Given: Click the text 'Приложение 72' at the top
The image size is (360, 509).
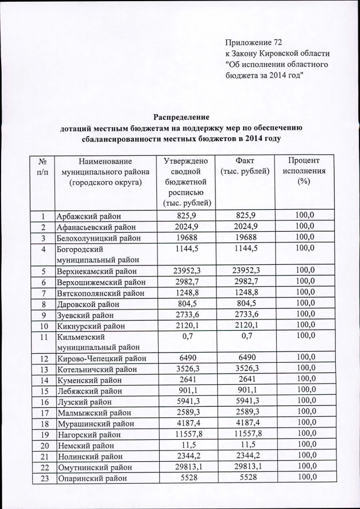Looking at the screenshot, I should (x=253, y=43).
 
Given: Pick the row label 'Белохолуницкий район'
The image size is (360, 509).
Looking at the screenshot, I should (x=99, y=238).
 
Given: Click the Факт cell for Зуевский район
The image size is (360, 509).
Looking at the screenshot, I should (x=246, y=315).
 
